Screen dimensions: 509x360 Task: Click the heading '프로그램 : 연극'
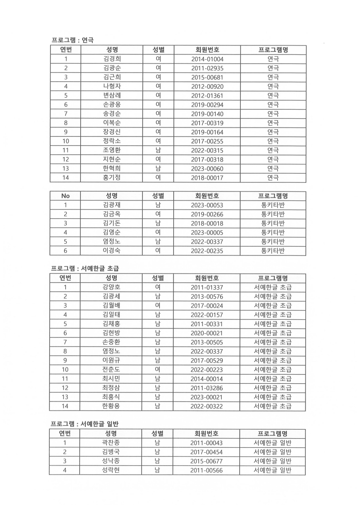[x=72, y=40]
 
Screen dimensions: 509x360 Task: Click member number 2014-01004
[x=207, y=59]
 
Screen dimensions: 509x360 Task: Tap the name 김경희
[x=112, y=59]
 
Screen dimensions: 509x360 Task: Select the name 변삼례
[x=112, y=95]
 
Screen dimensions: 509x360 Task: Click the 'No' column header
[x=65, y=196]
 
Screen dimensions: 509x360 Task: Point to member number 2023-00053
[x=207, y=205]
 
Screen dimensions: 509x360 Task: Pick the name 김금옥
[x=112, y=214]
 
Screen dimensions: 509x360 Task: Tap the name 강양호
[x=111, y=287]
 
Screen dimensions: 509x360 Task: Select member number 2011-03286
[x=207, y=388]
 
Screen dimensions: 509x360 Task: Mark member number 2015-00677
[x=207, y=461]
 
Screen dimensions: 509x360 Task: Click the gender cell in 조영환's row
[x=158, y=150]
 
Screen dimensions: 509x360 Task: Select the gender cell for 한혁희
[x=158, y=168]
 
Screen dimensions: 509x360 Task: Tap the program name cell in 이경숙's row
[x=273, y=250]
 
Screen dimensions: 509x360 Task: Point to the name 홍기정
[x=112, y=177]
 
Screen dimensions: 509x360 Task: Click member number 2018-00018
[x=207, y=223]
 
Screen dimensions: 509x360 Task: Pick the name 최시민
[x=111, y=379]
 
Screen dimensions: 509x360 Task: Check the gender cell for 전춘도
[x=158, y=370]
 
